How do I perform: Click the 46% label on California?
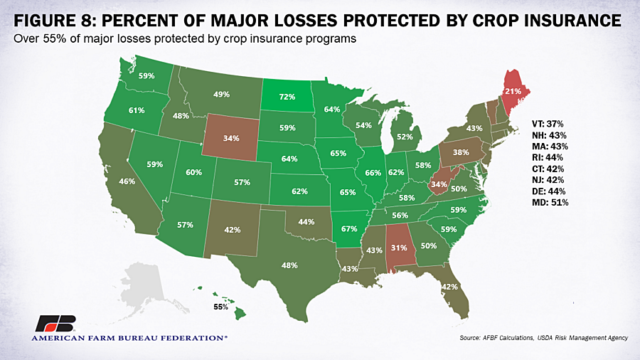coord(127,181)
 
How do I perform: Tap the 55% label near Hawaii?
coord(222,307)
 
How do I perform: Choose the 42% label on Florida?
coord(449,287)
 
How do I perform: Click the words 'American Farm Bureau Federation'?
coord(129,338)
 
